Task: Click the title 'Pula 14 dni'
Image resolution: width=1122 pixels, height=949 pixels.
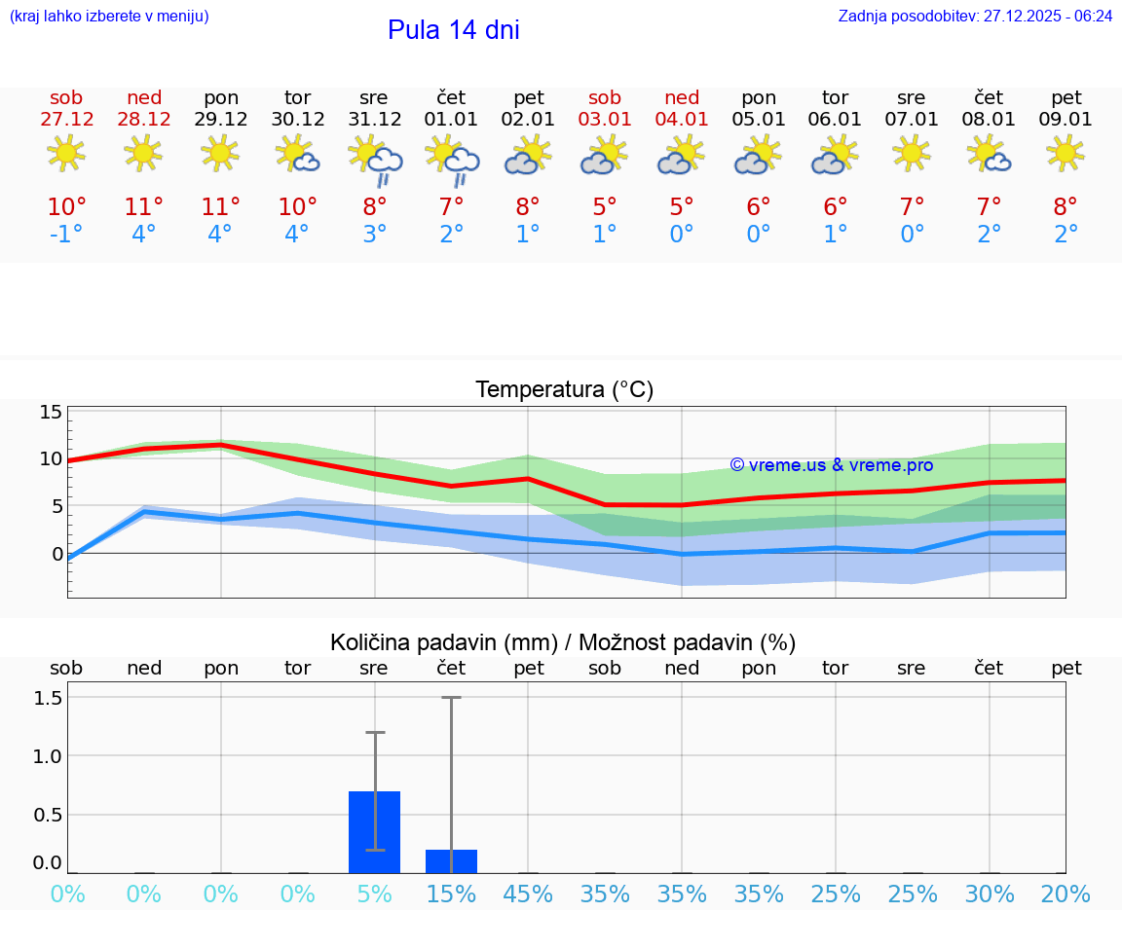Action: (x=453, y=30)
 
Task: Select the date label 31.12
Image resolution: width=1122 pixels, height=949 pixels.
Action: (x=374, y=120)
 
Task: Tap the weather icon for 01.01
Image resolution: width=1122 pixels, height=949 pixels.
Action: (x=452, y=160)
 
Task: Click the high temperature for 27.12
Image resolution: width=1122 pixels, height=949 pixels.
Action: (x=67, y=207)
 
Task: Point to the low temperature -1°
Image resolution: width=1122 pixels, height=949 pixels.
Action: (x=67, y=235)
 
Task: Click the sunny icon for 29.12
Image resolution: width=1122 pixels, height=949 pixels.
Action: (x=220, y=153)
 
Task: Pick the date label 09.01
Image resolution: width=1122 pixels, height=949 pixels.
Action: (x=1066, y=120)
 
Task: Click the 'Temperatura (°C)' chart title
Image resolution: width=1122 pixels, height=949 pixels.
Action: (x=564, y=390)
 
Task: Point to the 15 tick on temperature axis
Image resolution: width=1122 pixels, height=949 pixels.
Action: (x=51, y=412)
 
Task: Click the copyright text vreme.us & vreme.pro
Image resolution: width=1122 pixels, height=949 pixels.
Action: (x=831, y=465)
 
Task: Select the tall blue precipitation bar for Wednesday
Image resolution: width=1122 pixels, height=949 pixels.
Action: (x=374, y=831)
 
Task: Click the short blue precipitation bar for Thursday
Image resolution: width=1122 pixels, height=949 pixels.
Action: (x=451, y=861)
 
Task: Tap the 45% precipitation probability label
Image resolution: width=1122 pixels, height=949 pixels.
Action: (x=528, y=894)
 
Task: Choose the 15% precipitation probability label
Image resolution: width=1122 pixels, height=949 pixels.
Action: (x=451, y=894)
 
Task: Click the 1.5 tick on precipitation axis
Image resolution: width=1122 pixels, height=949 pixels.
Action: (x=49, y=698)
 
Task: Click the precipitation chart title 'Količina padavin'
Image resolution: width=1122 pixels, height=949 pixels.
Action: (x=563, y=642)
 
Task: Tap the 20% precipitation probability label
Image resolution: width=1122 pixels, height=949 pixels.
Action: (x=1066, y=894)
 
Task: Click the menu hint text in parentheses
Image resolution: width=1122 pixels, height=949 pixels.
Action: (x=109, y=17)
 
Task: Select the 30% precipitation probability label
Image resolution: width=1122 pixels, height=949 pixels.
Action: (x=990, y=894)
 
